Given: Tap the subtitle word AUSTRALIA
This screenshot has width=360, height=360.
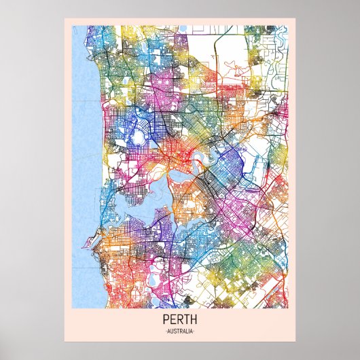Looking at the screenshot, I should coord(179,331).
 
